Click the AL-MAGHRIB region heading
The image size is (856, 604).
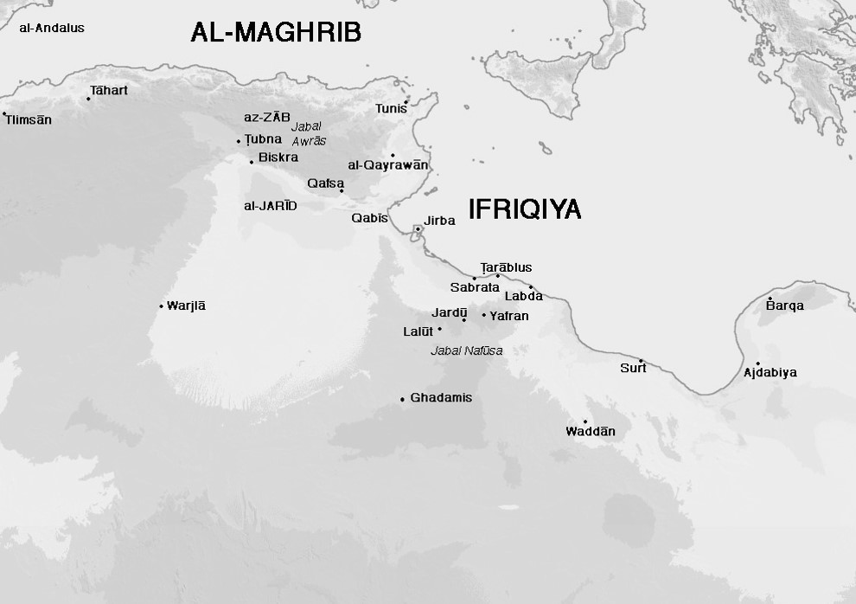click(275, 34)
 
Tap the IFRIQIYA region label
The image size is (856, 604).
click(524, 209)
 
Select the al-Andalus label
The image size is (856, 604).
click(52, 28)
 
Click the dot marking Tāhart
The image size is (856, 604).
click(88, 99)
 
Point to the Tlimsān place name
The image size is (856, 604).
click(29, 120)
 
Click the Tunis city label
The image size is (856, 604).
click(391, 109)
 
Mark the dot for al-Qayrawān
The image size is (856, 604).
click(393, 156)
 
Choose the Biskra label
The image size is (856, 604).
click(278, 157)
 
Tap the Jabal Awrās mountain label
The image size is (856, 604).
click(309, 133)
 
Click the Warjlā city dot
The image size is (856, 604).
click(162, 305)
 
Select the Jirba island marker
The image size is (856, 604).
click(418, 228)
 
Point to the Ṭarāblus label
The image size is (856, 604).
click(506, 267)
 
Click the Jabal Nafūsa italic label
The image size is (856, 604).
click(467, 350)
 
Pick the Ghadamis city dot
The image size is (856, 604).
click(402, 399)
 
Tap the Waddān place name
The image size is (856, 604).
click(591, 432)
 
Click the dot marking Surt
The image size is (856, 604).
click(641, 360)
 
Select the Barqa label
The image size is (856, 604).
click(785, 306)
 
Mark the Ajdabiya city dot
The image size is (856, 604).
click(758, 364)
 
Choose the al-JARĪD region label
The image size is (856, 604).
click(271, 206)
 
